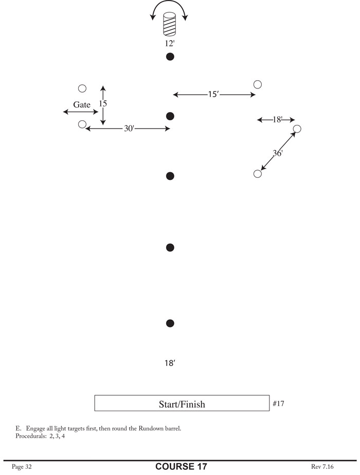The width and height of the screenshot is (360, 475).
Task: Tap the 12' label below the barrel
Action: [170, 43]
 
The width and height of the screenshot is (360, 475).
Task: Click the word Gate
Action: [82, 104]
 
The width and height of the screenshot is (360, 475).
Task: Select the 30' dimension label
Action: [129, 129]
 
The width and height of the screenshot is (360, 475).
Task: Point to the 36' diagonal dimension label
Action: [278, 153]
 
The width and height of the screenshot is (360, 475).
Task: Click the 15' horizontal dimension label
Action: [213, 95]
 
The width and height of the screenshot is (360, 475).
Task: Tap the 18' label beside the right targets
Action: [277, 120]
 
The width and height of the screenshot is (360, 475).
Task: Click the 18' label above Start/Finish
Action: [170, 363]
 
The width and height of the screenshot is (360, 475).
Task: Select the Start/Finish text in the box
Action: [182, 404]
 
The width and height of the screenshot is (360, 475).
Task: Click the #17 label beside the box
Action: [278, 404]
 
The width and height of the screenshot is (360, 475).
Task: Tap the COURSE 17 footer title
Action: [182, 467]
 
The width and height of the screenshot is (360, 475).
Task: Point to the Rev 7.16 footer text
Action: [323, 467]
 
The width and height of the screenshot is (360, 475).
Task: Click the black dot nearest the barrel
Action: [170, 57]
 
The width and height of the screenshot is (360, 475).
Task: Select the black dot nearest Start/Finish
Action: [170, 323]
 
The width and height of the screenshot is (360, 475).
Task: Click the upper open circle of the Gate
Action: [82, 89]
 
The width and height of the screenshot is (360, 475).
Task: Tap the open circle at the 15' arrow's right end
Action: [258, 84]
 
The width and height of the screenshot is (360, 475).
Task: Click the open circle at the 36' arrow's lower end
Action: [258, 174]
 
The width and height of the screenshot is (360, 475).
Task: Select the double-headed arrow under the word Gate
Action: [80, 112]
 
